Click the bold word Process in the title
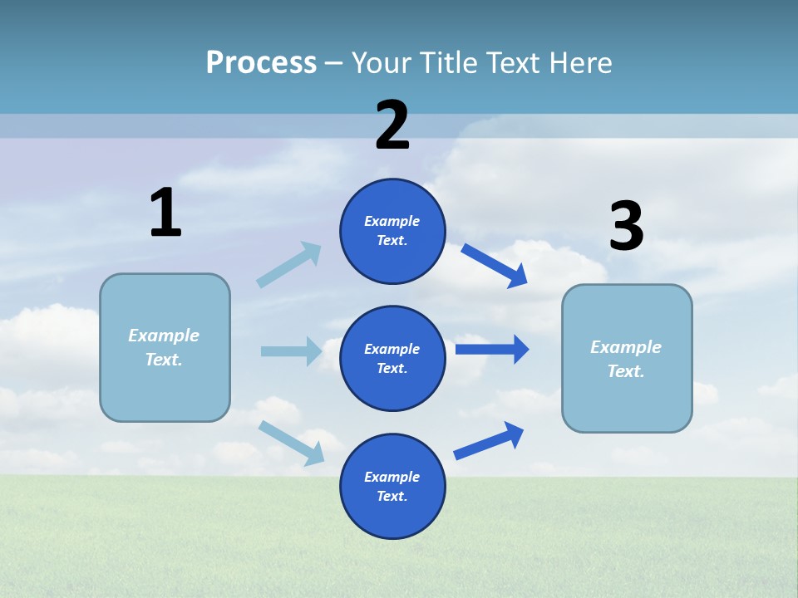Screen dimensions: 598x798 pyautogui.click(x=261, y=63)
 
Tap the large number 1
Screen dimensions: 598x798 pyautogui.click(x=165, y=213)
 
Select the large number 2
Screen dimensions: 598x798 pyautogui.click(x=392, y=125)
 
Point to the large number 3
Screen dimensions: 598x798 pyautogui.click(x=626, y=227)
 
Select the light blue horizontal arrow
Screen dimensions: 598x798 pyautogui.click(x=291, y=351)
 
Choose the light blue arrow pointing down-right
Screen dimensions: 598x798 pyautogui.click(x=292, y=443)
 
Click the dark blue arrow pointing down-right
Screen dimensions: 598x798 pyautogui.click(x=495, y=266)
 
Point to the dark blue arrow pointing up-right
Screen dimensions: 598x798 pyautogui.click(x=489, y=441)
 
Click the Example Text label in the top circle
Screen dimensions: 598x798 pyautogui.click(x=392, y=231)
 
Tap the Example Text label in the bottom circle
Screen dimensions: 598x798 pyautogui.click(x=392, y=487)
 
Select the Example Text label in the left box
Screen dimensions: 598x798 pyautogui.click(x=164, y=347)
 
